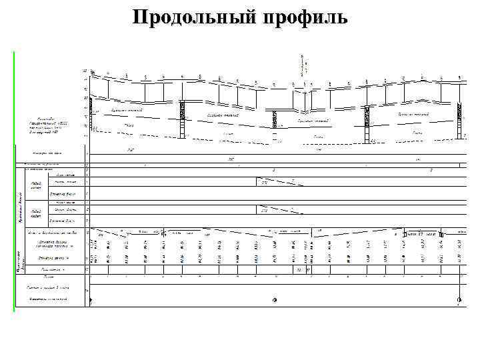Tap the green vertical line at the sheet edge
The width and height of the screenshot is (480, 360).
[x=14, y=180]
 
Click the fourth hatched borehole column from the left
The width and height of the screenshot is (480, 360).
[x=365, y=120]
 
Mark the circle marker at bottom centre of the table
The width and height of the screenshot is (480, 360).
[x=274, y=300]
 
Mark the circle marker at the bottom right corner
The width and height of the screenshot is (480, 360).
[x=458, y=300]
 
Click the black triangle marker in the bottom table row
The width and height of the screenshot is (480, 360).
[x=91, y=302]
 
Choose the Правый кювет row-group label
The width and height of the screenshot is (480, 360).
[x=37, y=213]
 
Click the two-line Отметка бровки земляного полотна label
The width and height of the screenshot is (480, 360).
[x=53, y=244]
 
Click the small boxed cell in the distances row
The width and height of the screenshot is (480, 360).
[x=299, y=270]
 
